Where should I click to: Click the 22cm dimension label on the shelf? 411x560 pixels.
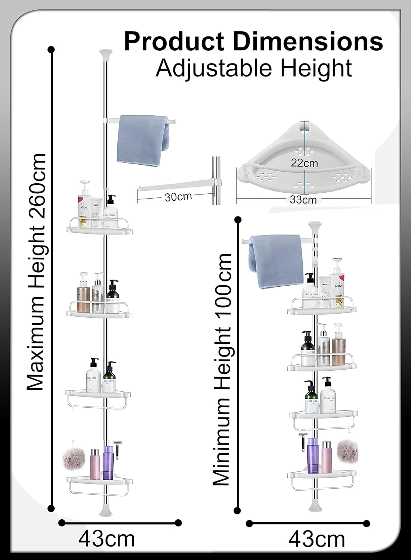pyautogui.click(x=305, y=163)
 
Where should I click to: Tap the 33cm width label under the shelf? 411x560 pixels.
pyautogui.click(x=303, y=200)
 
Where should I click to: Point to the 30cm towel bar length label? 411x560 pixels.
pyautogui.click(x=178, y=196)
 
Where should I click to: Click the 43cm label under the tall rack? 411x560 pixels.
pyautogui.click(x=107, y=539)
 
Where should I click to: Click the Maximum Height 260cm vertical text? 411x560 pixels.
pyautogui.click(x=37, y=272)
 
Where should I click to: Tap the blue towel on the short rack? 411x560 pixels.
pyautogui.click(x=273, y=261)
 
